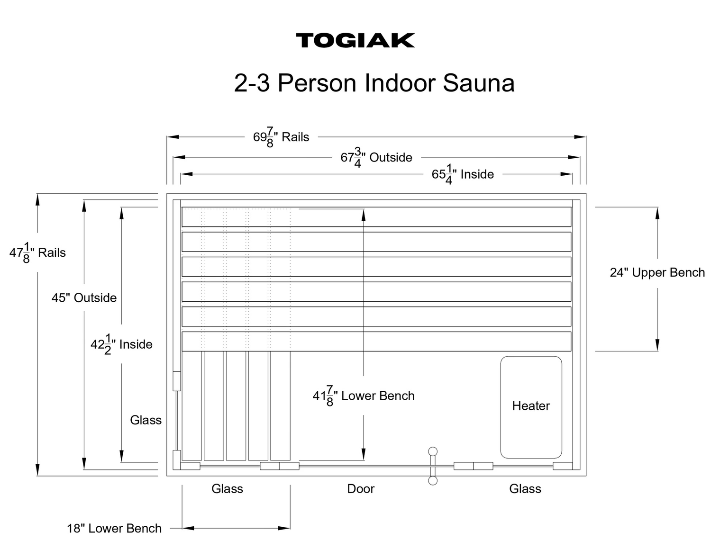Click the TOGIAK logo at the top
(355, 40)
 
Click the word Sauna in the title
(479, 83)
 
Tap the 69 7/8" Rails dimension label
(281, 137)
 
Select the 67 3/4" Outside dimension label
(376, 157)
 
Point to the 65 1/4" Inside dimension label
(463, 174)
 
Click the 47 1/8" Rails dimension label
(37, 252)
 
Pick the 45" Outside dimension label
(84, 297)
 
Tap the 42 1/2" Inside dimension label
(121, 344)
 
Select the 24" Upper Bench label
(657, 272)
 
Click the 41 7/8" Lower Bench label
(364, 396)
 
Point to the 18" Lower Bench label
(114, 529)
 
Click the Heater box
(531, 407)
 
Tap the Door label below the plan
(361, 489)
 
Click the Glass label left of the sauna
(146, 420)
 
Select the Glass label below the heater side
(525, 489)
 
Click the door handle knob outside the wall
(433, 481)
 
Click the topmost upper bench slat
(376, 217)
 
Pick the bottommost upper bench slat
(376, 342)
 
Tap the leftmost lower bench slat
(192, 406)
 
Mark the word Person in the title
(317, 83)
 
